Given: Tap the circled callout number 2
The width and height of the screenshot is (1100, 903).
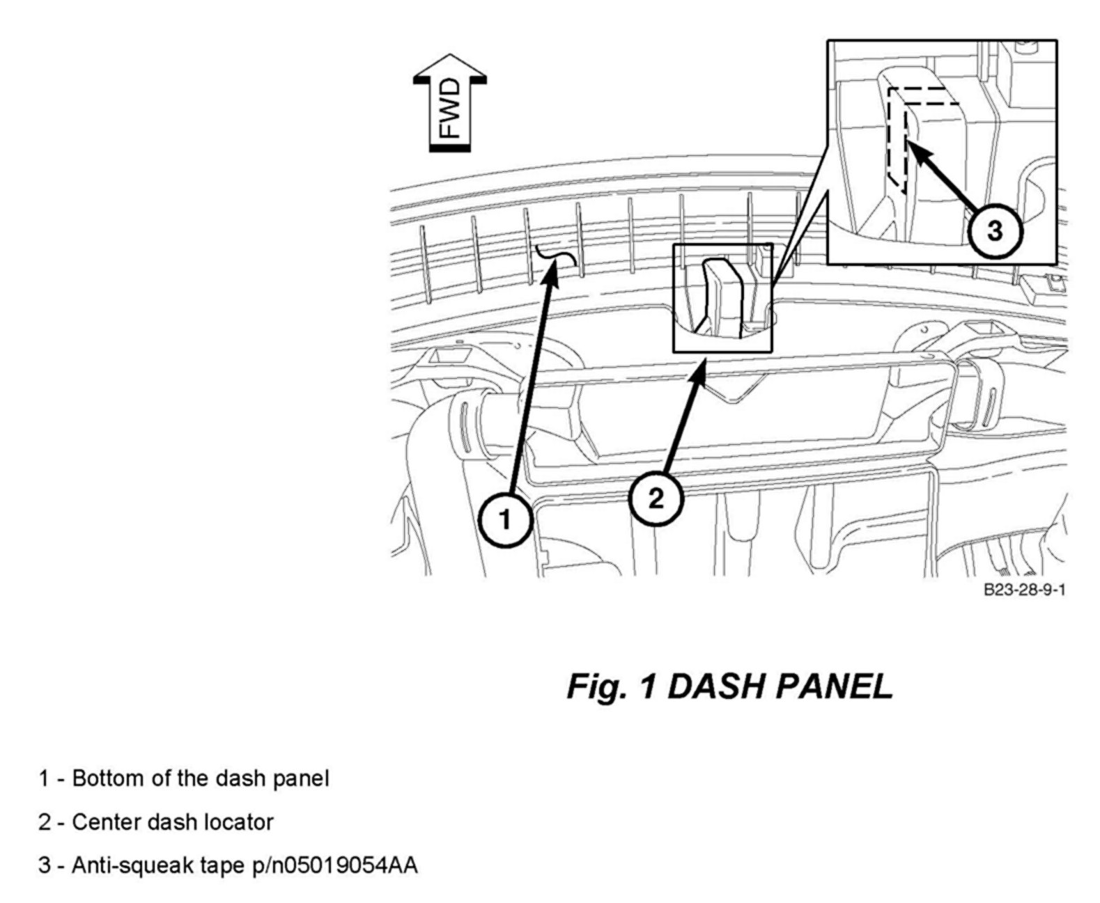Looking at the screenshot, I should pos(656,498).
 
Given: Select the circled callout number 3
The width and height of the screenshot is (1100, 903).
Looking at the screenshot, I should pos(994,230).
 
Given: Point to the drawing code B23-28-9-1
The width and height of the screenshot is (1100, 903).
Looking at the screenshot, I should pos(1024,590).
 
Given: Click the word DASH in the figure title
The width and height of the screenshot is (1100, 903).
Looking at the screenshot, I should pos(713,687).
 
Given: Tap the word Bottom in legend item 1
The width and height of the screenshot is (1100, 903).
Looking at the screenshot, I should pos(108,778).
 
